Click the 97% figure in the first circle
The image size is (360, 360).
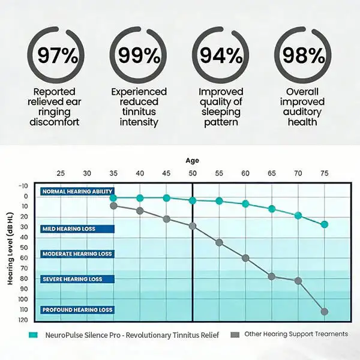pos(58,55)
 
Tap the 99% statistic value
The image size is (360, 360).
pos(139,55)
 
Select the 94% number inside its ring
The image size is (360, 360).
pos(221,55)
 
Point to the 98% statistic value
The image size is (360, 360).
pos(304,55)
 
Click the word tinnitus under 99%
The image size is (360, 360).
pos(139,112)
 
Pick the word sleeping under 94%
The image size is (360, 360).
pos(221,112)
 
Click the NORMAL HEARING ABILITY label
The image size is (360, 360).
pos(77,191)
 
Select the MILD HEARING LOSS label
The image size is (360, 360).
pos(77,229)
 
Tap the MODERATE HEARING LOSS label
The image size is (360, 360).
pos(77,254)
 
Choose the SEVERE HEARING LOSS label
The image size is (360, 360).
pos(77,279)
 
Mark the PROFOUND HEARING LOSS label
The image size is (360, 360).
pos(77,310)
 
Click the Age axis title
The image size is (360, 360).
pos(193,161)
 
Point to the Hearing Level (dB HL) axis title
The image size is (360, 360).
pos(10,249)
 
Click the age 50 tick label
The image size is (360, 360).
pos(193,173)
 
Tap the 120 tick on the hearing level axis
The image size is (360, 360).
pos(23,320)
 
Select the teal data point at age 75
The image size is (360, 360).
pos(325,224)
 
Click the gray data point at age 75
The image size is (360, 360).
pos(325,311)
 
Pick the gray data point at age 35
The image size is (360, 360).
pos(113,206)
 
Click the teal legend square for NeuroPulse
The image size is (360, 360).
pos(33,335)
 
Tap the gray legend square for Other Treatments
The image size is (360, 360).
pos(235,335)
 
